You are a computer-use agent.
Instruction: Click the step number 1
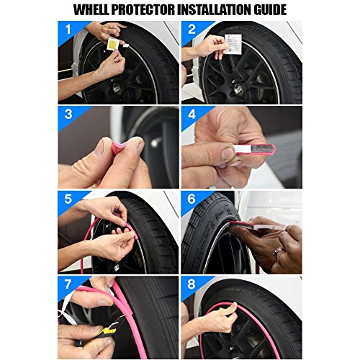pyautogui.click(x=68, y=30)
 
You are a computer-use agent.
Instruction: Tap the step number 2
pyautogui.click(x=192, y=30)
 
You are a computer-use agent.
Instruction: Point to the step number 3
pyautogui.click(x=68, y=114)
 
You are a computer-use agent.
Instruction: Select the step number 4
pyautogui.click(x=192, y=114)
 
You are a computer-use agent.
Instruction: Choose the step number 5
pyautogui.click(x=68, y=199)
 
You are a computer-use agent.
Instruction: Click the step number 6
pyautogui.click(x=192, y=199)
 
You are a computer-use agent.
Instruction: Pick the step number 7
pyautogui.click(x=68, y=284)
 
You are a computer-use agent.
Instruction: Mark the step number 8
pyautogui.click(x=192, y=284)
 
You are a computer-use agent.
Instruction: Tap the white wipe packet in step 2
pyautogui.click(x=233, y=43)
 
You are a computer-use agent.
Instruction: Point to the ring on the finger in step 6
pyautogui.click(x=278, y=252)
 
